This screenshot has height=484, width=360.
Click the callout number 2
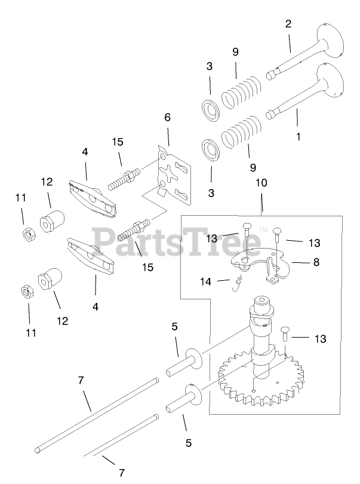click(x=288, y=24)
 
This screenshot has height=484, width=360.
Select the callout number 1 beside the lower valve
click(x=297, y=136)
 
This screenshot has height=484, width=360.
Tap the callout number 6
click(x=168, y=118)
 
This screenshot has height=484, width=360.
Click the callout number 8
click(x=315, y=261)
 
